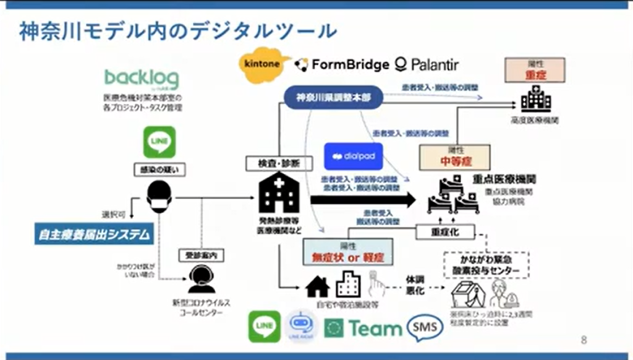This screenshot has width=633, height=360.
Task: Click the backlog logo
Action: (142, 79)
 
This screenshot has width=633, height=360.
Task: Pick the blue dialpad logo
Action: (353, 156)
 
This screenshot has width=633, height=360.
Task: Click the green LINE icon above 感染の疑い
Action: (159, 142)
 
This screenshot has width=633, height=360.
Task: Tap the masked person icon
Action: (159, 197)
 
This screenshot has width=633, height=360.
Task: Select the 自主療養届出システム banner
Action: (93, 234)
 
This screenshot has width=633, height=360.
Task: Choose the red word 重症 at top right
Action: (535, 74)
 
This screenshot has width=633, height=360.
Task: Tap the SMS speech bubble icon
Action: (425, 327)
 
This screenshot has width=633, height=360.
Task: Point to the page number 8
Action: (585, 340)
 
